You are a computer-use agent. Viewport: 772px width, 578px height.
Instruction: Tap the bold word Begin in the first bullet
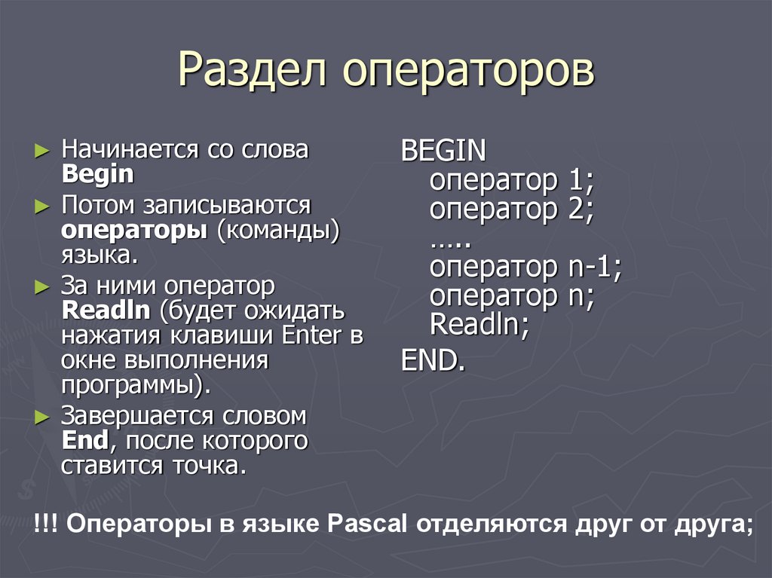click(x=97, y=174)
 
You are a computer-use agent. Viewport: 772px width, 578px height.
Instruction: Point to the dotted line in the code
click(x=450, y=241)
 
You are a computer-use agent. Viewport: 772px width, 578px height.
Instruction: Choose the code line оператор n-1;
click(x=525, y=267)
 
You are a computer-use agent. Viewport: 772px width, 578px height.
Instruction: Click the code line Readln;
click(x=479, y=325)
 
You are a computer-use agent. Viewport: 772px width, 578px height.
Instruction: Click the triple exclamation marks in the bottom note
click(x=46, y=524)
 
